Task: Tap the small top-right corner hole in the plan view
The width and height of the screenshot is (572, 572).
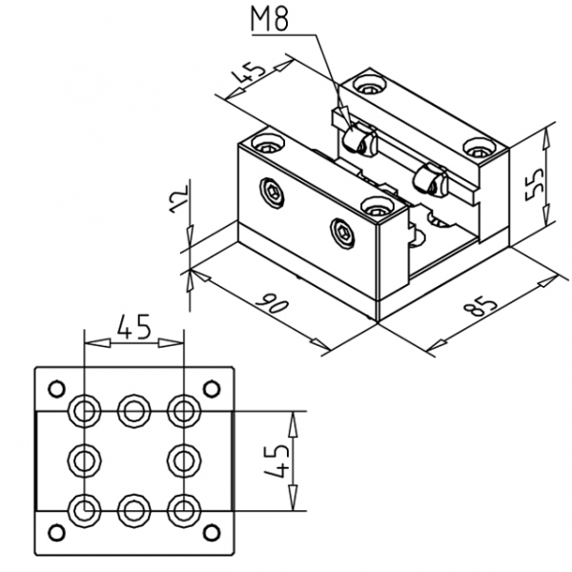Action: pyautogui.click(x=211, y=388)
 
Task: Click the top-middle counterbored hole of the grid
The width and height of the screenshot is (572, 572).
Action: pyautogui.click(x=133, y=411)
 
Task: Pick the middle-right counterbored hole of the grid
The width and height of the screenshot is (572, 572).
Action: pyautogui.click(x=181, y=460)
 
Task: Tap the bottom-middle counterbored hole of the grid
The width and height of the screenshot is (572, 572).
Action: pyautogui.click(x=133, y=509)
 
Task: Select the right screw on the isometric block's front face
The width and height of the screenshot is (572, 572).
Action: pyautogui.click(x=342, y=231)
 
